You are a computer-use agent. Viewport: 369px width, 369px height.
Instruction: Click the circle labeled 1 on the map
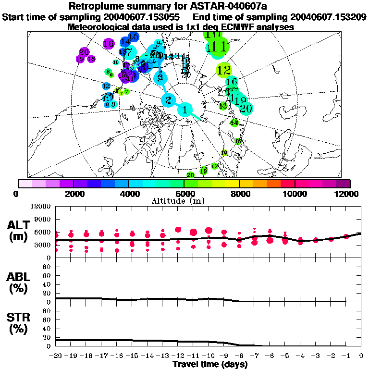click(185, 110)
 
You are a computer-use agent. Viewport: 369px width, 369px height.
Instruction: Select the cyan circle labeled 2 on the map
click(168, 100)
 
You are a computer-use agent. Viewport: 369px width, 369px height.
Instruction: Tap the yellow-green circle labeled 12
click(224, 71)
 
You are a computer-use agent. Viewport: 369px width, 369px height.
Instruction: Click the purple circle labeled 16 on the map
click(108, 44)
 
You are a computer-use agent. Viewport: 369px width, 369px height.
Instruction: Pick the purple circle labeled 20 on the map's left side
click(84, 51)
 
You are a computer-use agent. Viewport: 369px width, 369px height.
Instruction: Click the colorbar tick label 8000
click(239, 194)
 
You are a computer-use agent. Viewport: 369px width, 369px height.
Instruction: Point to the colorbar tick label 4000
click(128, 194)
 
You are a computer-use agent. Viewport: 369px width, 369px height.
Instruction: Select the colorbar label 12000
click(347, 194)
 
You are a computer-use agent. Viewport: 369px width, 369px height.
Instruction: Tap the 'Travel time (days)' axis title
click(210, 364)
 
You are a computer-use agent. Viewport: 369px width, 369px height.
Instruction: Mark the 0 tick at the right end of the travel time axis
click(361, 356)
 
